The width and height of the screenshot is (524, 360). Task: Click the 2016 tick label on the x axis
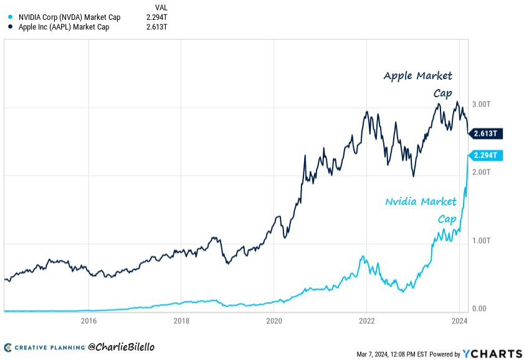click(89, 321)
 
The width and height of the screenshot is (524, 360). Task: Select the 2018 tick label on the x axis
click(181, 321)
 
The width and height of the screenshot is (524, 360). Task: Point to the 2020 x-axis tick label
click(274, 321)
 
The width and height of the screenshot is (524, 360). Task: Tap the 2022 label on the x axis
click(366, 321)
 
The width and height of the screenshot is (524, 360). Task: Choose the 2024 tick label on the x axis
click(459, 321)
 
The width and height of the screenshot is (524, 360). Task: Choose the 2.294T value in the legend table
click(155, 17)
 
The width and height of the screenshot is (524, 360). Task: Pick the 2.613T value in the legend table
click(155, 27)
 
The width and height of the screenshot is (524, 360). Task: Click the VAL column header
click(160, 7)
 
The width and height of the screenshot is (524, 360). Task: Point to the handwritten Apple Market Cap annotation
click(418, 84)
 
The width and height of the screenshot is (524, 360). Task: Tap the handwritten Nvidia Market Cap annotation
click(421, 210)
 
